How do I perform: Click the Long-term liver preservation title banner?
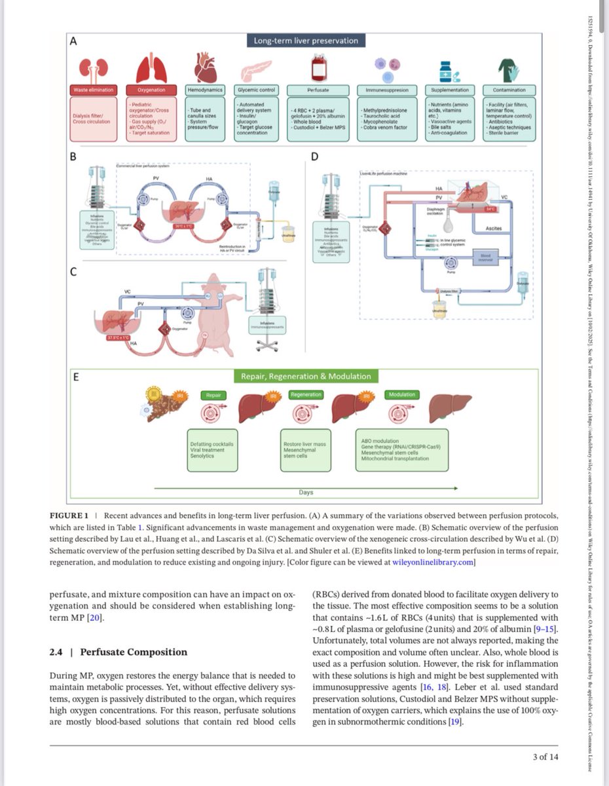(306, 41)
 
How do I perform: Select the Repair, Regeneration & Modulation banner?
(306, 377)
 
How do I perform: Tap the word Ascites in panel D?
(494, 228)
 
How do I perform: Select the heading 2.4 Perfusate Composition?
(119, 652)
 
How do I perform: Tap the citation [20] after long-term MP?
(96, 618)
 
